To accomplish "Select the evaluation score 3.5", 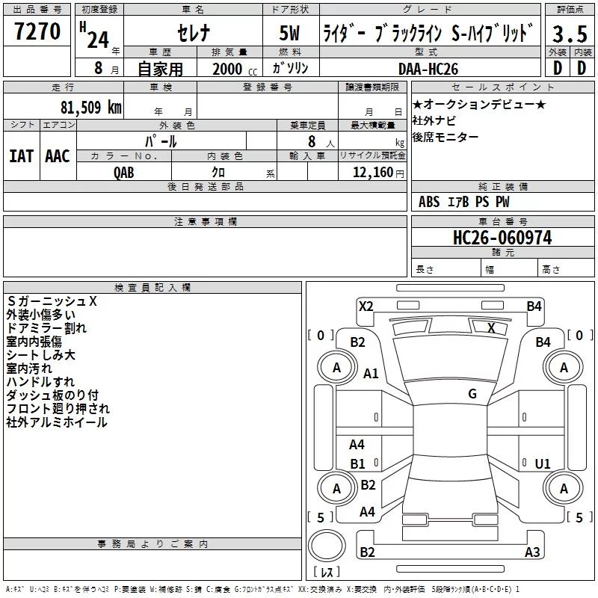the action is [x=570, y=34].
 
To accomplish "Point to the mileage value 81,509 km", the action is [x=90, y=107].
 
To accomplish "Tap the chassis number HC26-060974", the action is [x=502, y=238].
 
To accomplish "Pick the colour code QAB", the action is [x=124, y=171].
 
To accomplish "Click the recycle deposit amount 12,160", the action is [x=371, y=172].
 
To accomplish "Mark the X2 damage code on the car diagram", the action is [x=366, y=306].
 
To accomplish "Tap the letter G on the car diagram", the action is [x=472, y=394].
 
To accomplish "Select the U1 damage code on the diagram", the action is [x=543, y=463].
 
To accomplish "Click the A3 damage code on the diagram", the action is [x=532, y=552].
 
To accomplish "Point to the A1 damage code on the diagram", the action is [x=371, y=374].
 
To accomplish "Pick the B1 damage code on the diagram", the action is [x=358, y=463].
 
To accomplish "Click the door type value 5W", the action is [x=292, y=34].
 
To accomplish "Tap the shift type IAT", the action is [x=21, y=155].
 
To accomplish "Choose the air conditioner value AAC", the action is [x=57, y=155].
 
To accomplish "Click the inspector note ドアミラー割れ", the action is [x=46, y=327].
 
